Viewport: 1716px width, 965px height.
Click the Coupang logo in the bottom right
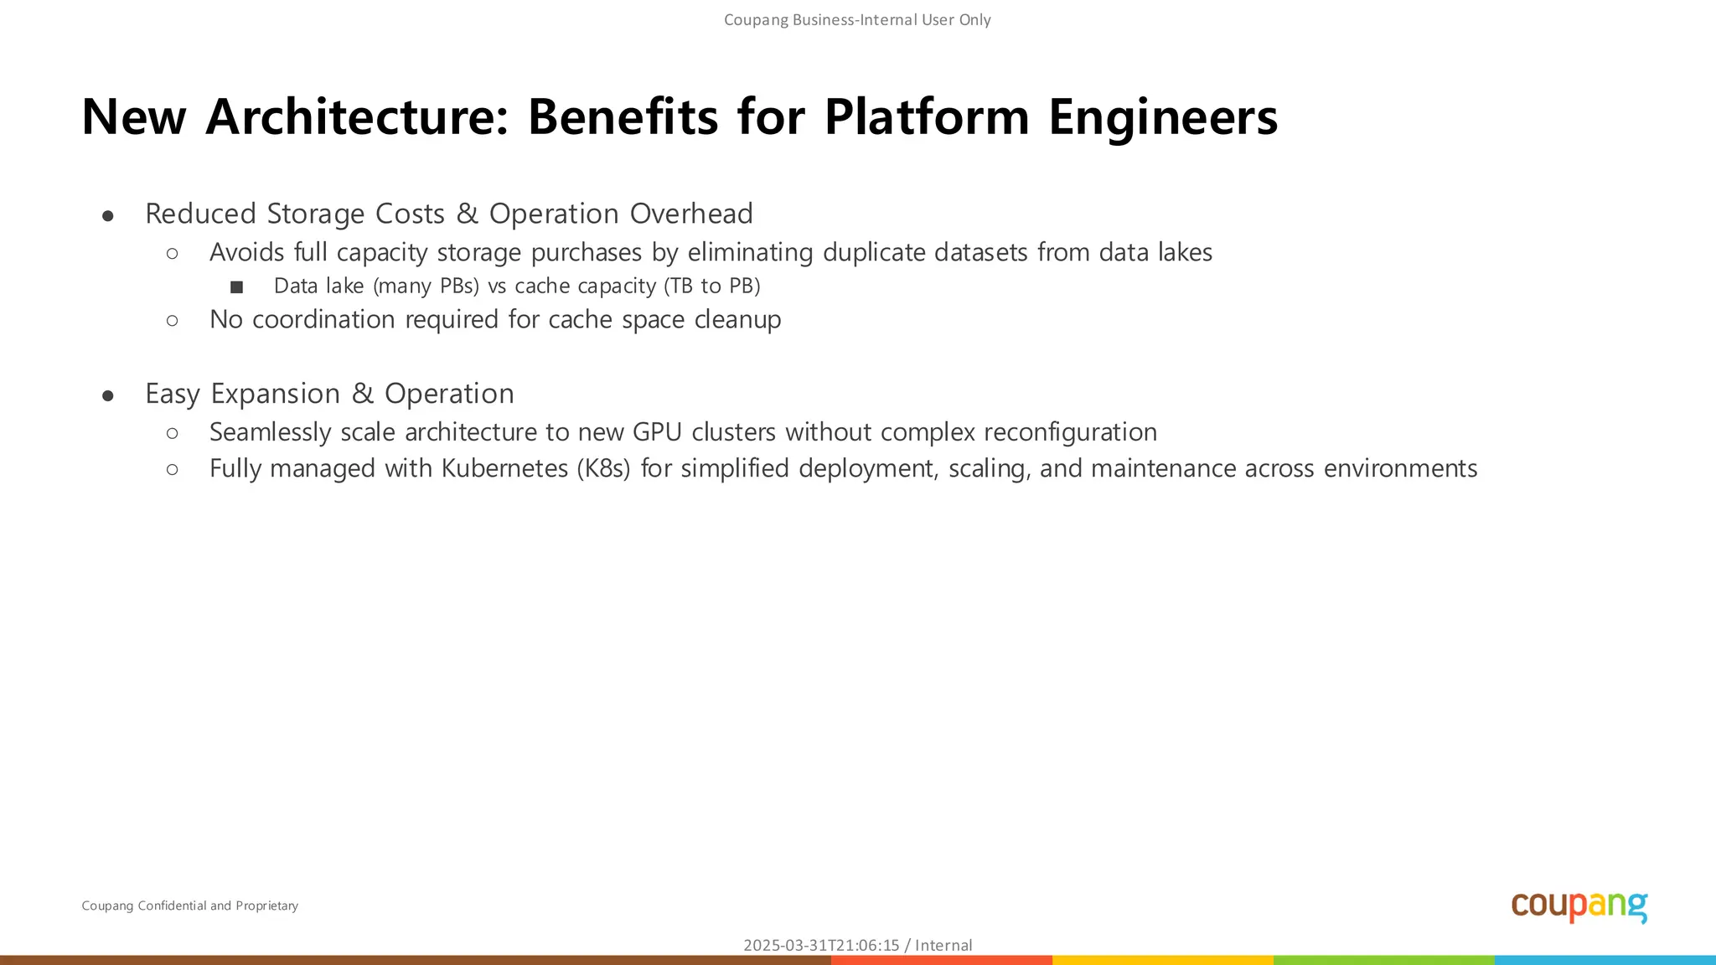click(1579, 906)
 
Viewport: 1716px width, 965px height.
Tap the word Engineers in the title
click(1163, 116)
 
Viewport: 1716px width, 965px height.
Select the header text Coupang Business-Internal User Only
click(857, 20)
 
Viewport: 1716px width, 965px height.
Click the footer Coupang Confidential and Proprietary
click(189, 906)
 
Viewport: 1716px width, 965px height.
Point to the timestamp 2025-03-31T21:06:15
click(821, 945)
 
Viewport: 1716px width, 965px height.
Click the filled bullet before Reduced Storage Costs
click(108, 216)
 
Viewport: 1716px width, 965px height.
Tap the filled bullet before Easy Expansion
click(108, 396)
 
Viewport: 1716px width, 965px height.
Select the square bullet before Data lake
click(236, 287)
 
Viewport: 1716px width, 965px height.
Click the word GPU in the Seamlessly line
click(657, 432)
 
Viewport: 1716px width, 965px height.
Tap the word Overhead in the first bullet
click(691, 214)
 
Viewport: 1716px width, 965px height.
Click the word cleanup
click(737, 320)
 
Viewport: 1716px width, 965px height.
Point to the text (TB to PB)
click(712, 286)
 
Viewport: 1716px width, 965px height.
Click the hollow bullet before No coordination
click(173, 320)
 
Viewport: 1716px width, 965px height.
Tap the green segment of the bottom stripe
click(1383, 960)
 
